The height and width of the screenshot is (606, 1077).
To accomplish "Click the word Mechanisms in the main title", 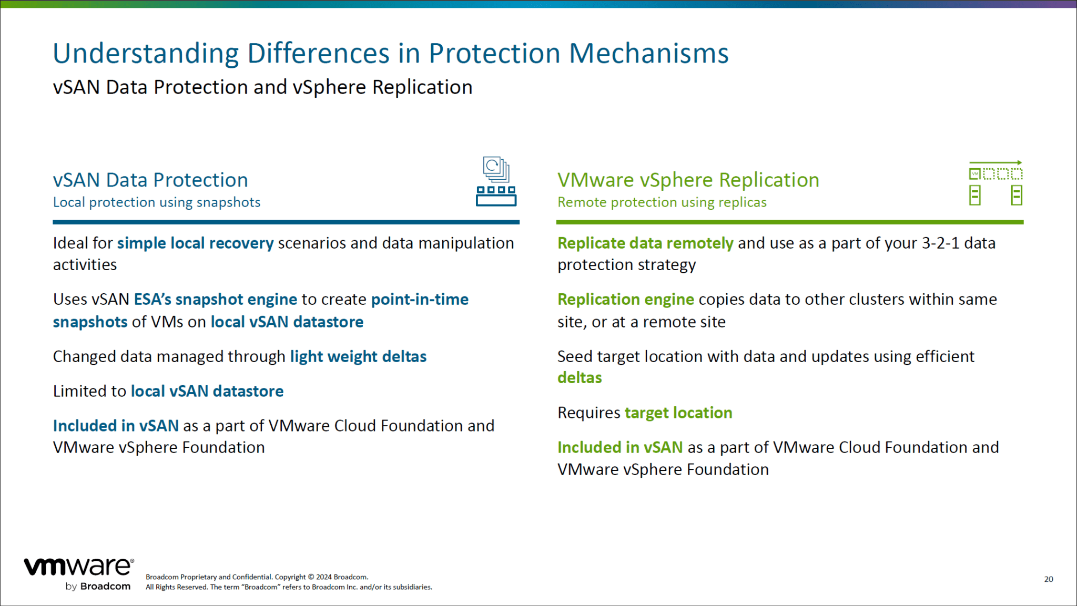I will [x=648, y=54].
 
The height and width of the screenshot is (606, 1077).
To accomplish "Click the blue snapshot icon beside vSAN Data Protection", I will [x=496, y=181].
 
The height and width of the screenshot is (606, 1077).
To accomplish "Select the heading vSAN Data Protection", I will [x=150, y=180].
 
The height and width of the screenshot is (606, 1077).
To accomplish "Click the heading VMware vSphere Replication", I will [x=688, y=180].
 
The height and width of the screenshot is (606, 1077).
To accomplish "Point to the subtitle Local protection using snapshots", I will [x=157, y=202].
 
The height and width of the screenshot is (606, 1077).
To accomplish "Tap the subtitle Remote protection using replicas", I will [x=662, y=202].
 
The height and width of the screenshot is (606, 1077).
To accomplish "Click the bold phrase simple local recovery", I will [x=195, y=243].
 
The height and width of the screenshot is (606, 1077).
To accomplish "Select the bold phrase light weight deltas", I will [x=358, y=357].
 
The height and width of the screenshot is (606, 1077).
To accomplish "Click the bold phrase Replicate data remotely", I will [x=645, y=243].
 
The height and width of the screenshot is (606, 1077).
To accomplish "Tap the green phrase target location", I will [x=678, y=413].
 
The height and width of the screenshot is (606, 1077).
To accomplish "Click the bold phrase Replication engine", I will [x=625, y=300].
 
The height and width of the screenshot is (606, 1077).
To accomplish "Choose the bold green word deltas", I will [x=580, y=378].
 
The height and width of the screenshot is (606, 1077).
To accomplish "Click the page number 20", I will [x=1048, y=579].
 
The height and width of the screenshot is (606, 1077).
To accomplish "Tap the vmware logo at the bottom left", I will [x=79, y=567].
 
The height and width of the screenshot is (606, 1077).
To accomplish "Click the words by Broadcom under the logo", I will [x=98, y=587].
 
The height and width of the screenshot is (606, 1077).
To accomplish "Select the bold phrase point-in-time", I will [x=420, y=300].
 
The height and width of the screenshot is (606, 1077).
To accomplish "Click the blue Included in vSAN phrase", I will [x=116, y=426].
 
